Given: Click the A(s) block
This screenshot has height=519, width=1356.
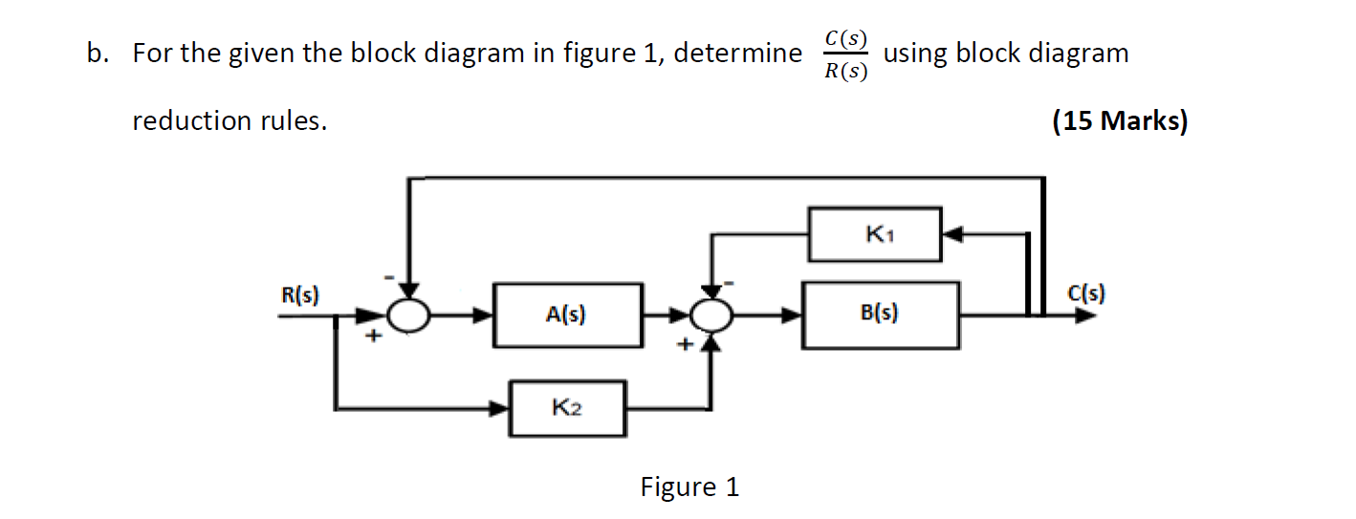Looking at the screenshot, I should (x=567, y=314).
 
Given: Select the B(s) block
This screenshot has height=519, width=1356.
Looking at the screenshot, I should (x=880, y=314).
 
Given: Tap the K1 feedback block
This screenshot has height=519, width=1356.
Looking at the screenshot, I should (x=874, y=233).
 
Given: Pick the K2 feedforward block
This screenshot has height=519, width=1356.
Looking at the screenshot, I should (x=568, y=408).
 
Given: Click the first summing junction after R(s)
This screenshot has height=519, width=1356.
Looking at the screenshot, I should (x=409, y=314).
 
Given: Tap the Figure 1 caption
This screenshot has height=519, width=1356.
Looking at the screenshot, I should (x=689, y=487).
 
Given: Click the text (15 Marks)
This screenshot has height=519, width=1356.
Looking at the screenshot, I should (x=1120, y=121).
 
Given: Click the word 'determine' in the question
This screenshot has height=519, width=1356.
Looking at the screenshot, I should (x=738, y=54).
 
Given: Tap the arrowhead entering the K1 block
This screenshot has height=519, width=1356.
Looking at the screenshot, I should (x=953, y=232).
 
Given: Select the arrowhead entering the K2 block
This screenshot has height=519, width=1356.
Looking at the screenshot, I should (x=499, y=409).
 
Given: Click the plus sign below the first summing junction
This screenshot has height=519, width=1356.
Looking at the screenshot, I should (x=375, y=336).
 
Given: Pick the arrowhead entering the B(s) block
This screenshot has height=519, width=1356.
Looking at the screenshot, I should (x=793, y=314).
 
